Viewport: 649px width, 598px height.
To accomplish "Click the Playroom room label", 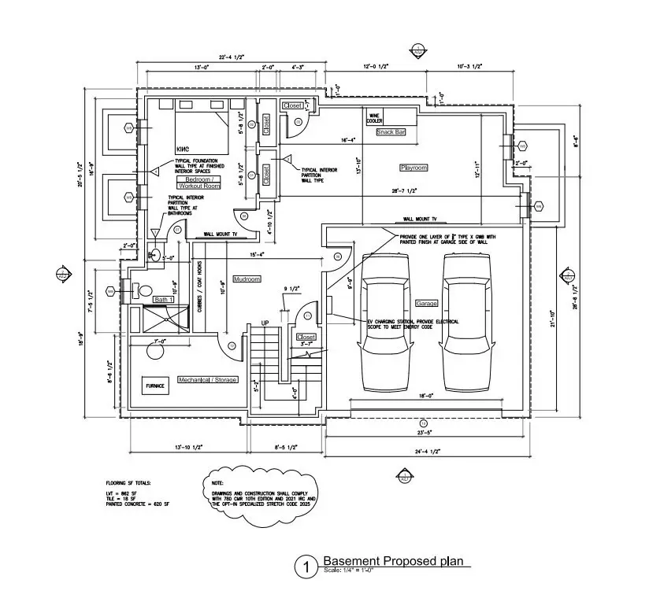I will [414, 168].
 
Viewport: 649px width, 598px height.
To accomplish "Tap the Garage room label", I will [426, 303].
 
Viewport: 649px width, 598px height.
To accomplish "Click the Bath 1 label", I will [163, 300].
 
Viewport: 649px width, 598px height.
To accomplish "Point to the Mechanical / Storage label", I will [207, 380].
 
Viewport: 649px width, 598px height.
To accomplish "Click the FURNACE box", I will [154, 386].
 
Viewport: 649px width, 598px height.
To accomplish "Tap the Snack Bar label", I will [391, 132].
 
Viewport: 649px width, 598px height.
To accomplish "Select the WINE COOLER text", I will [375, 118].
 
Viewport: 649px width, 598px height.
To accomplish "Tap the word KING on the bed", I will [184, 148].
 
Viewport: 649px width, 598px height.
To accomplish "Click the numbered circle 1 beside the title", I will [303, 567].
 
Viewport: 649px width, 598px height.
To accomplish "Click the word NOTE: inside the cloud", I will [218, 483].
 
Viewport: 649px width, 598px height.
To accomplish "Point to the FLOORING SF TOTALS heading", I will [128, 482].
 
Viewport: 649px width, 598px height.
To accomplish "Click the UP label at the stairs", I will [265, 323].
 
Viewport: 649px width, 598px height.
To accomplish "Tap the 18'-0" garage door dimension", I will [427, 396].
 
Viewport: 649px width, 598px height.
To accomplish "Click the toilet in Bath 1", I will [144, 290].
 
